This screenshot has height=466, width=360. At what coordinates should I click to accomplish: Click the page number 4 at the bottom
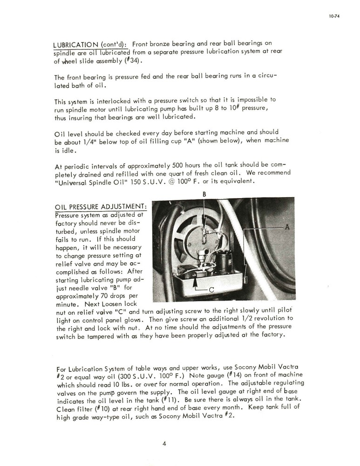164,443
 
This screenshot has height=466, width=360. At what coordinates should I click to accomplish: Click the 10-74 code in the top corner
333,15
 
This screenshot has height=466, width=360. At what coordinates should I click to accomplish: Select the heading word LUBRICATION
75,45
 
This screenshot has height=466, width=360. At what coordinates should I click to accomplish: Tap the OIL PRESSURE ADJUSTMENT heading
101,206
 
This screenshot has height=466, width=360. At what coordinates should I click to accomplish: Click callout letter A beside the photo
287,226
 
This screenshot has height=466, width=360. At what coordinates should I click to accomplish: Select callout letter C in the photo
211,290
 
